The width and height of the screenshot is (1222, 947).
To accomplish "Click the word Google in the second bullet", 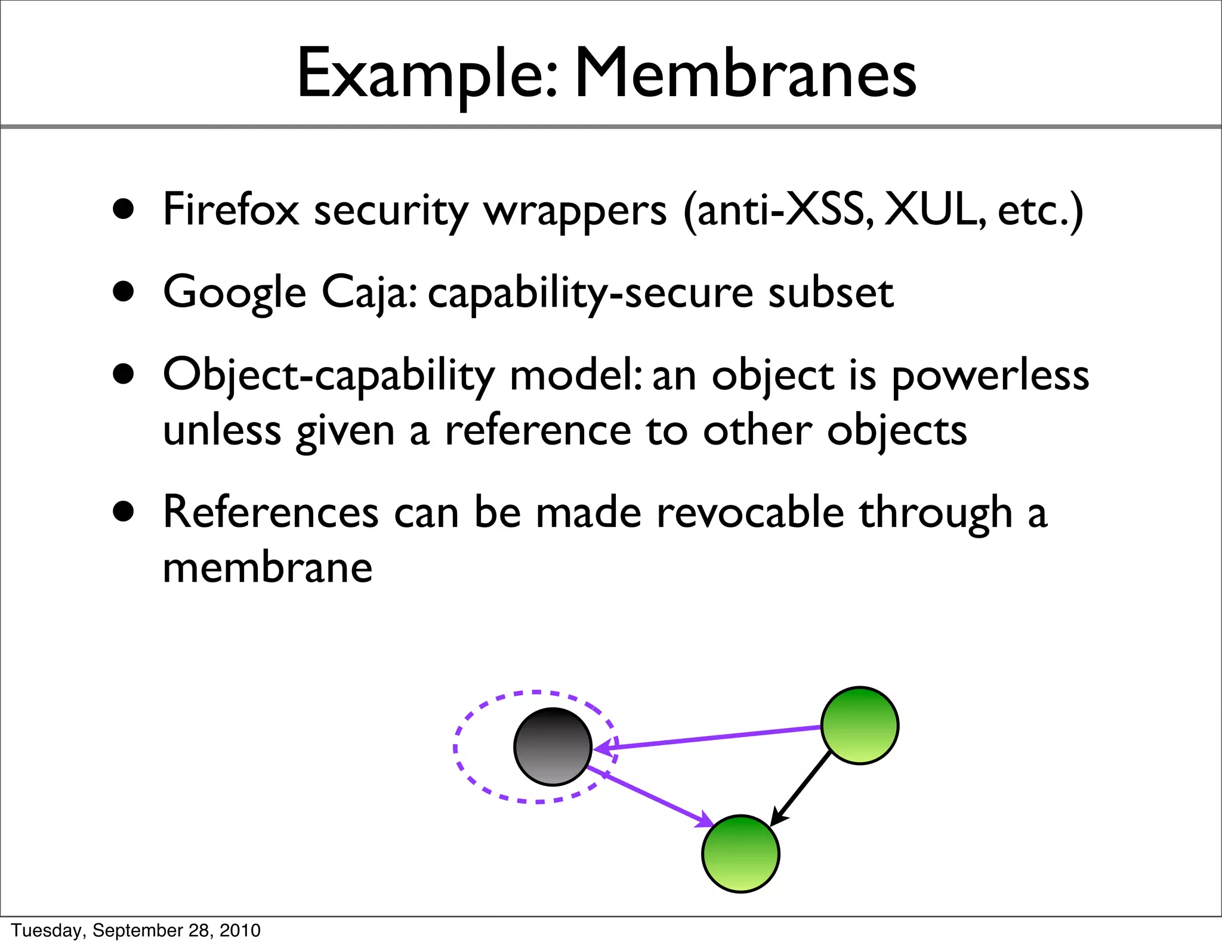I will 234,292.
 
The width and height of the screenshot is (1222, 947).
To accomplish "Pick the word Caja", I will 368,292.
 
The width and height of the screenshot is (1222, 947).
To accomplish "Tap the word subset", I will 831,292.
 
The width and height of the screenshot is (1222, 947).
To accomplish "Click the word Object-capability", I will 329,376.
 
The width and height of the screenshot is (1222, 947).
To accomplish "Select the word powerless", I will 990,376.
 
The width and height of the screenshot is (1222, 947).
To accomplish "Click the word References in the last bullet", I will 270,513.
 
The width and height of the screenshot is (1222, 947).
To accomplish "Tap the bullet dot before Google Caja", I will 124,292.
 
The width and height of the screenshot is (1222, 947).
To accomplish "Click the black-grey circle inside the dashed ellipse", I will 553,747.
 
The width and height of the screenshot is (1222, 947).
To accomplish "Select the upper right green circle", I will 859,725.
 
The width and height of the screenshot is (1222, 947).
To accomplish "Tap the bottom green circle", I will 740,853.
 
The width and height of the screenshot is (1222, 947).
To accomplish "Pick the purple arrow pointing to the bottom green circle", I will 650,797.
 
